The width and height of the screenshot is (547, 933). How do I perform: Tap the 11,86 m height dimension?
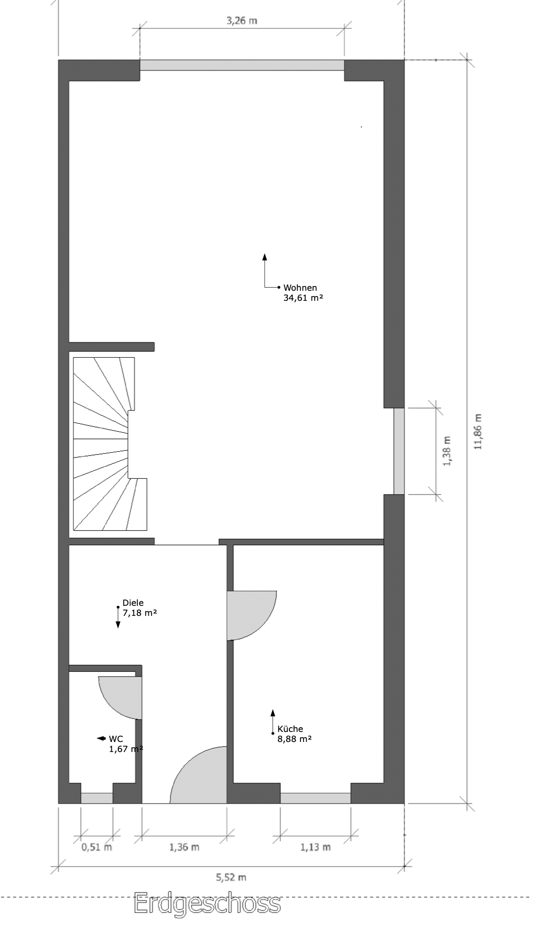478,431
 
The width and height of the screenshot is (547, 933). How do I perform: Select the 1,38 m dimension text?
447,451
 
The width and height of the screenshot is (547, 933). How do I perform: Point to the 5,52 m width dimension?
231,878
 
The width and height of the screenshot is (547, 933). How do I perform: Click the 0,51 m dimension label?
97,847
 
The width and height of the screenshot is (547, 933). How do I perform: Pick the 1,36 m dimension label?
184,847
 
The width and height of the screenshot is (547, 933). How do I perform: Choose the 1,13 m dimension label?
315,847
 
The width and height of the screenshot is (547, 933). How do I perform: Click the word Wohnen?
300,288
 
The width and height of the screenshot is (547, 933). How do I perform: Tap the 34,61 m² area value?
303,298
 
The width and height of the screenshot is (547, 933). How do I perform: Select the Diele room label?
133,603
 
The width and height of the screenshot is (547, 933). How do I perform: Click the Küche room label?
290,729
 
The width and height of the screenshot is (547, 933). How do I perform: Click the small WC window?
97,798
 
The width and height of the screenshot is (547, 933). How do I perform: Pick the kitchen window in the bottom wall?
315,798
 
